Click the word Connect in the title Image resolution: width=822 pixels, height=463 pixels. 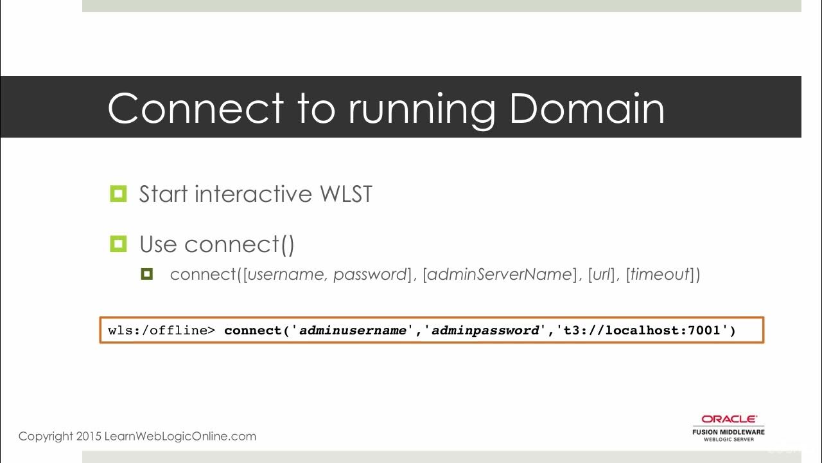click(195, 108)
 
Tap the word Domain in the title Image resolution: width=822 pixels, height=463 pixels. click(586, 108)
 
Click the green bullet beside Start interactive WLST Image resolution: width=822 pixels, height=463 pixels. click(118, 194)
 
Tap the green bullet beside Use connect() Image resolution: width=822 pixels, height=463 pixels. click(118, 244)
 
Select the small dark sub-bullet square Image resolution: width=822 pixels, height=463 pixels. click(146, 275)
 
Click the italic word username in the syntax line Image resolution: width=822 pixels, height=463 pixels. click(287, 275)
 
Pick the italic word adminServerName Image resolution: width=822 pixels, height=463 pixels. click(499, 275)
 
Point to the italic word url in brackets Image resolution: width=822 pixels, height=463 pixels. click(601, 275)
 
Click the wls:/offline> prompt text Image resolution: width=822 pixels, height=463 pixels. click(162, 331)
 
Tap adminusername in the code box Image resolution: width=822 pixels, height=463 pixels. click(353, 331)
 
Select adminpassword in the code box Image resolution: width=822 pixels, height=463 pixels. click(485, 331)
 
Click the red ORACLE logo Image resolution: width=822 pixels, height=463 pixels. click(728, 419)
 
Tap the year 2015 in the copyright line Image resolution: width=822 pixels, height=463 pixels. click(89, 437)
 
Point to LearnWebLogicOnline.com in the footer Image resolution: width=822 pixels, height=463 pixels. click(180, 437)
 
